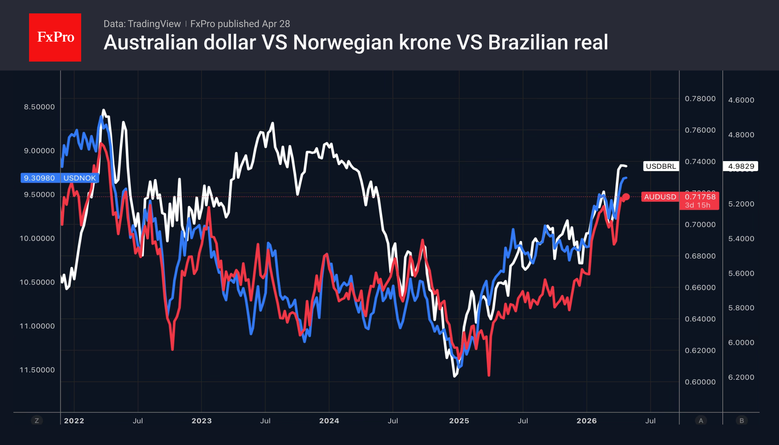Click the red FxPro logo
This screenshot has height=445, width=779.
tap(55, 37)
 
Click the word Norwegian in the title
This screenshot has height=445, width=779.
tap(343, 42)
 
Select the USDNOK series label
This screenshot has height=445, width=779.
tap(80, 178)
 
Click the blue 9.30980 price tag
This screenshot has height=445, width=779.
tap(39, 178)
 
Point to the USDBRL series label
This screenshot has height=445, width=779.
tap(661, 166)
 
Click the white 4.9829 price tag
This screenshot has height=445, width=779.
tap(741, 166)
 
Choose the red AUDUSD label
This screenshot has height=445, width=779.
tap(660, 197)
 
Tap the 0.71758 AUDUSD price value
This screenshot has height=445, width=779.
tap(700, 197)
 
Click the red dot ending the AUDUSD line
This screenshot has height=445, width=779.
tap(626, 197)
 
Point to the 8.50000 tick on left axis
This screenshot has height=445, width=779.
tap(39, 107)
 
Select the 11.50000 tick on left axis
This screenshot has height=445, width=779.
tap(37, 370)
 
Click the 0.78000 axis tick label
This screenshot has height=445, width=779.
tap(700, 99)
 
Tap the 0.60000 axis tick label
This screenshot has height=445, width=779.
tap(700, 382)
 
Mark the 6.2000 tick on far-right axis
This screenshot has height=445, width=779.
tap(741, 377)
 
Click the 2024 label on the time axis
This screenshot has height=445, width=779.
tap(329, 421)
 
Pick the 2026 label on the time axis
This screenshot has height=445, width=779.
tap(586, 421)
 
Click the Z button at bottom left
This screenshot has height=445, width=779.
tap(37, 421)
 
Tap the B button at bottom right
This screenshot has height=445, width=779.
tap(741, 421)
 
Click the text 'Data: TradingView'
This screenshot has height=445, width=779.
tap(142, 24)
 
